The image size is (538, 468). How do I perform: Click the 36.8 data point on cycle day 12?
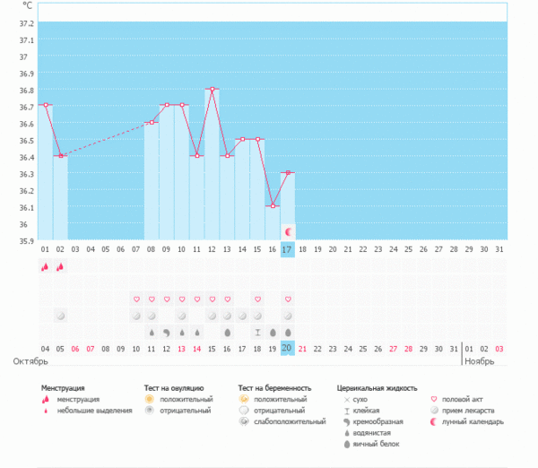click(212, 89)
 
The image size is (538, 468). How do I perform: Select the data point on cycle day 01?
click(46, 105)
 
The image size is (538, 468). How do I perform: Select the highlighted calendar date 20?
click(287, 348)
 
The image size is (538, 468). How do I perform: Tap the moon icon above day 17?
click(287, 231)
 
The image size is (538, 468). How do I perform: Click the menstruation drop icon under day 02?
click(60, 266)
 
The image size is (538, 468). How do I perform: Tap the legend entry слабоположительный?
click(290, 421)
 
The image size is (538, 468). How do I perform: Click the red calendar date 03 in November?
click(499, 348)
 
